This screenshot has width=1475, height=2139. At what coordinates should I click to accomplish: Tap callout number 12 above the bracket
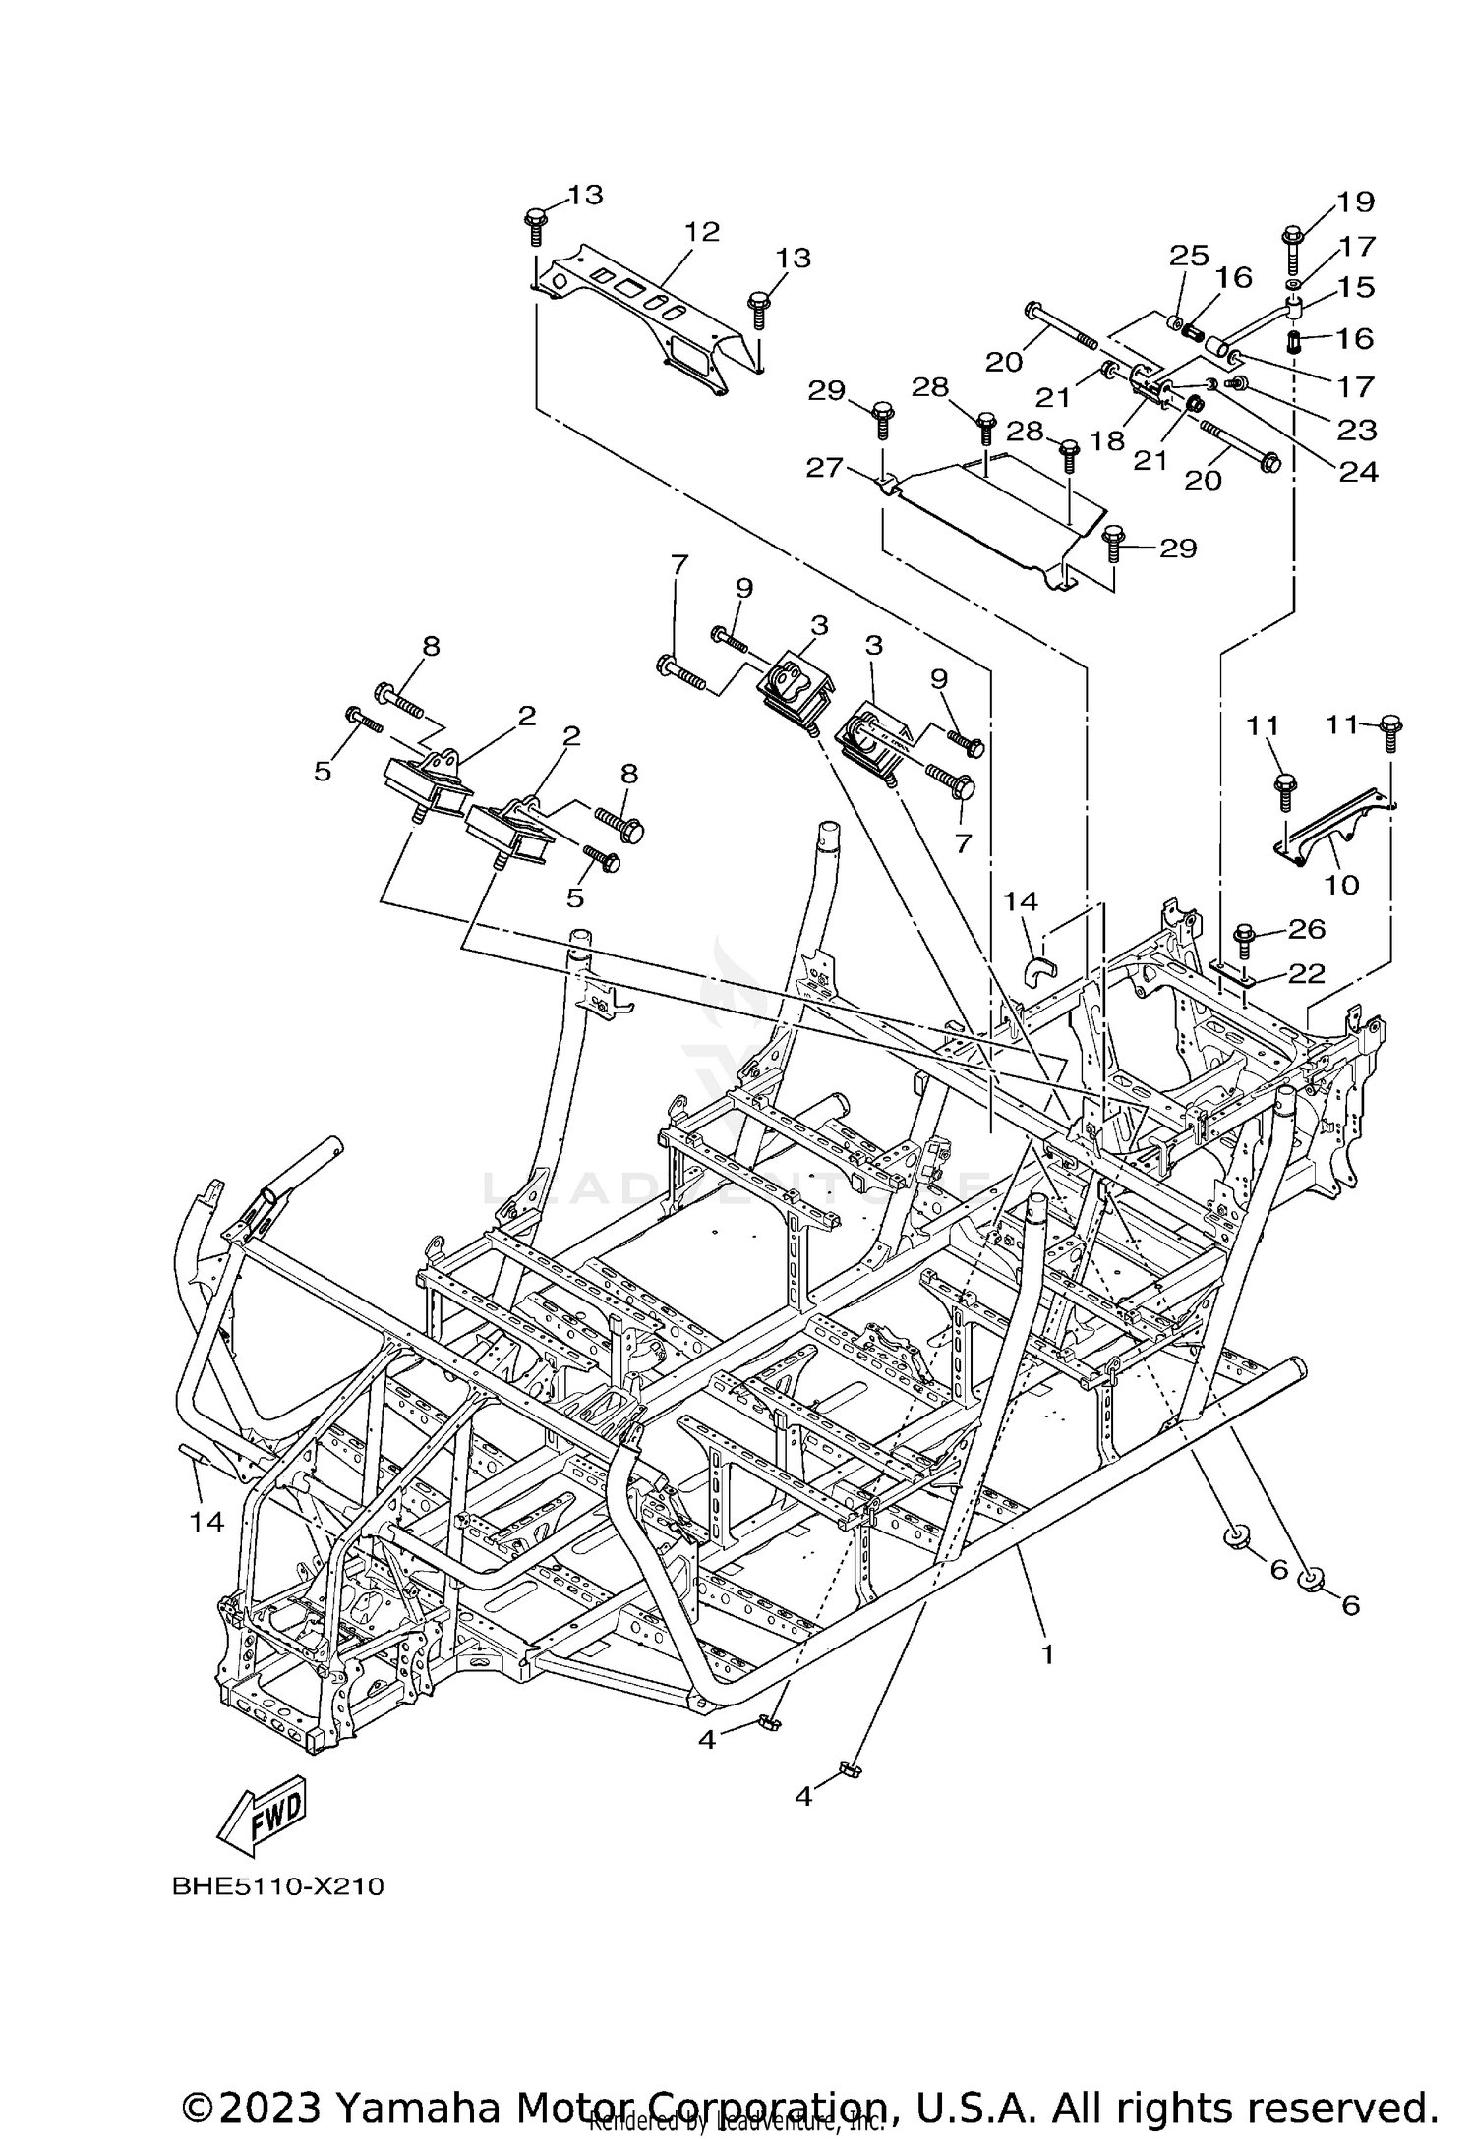pyautogui.click(x=702, y=232)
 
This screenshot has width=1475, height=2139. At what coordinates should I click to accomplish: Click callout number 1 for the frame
pyautogui.click(x=1047, y=1654)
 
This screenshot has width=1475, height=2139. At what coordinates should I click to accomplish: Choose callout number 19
pyautogui.click(x=1355, y=202)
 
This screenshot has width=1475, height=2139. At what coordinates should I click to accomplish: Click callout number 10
pyautogui.click(x=1341, y=884)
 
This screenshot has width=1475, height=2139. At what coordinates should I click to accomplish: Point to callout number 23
pyautogui.click(x=1358, y=430)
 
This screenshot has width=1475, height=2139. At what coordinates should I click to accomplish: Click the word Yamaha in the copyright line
pyautogui.click(x=421, y=2098)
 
